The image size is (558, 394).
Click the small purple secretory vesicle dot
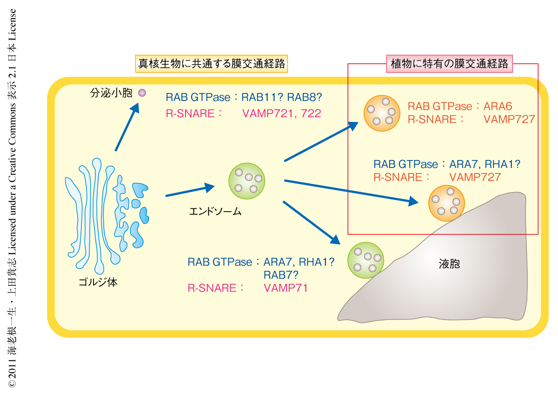(142, 93)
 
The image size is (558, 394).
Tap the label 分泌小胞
(111, 93)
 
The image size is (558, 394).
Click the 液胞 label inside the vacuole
(449, 264)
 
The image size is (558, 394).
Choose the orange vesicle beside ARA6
(381, 113)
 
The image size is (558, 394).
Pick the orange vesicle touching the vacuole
(446, 202)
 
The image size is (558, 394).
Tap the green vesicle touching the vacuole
(365, 260)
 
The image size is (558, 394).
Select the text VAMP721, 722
(282, 114)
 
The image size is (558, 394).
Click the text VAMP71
(286, 288)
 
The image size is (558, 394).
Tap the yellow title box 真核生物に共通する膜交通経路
(212, 63)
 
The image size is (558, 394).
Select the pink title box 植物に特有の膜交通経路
(449, 64)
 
